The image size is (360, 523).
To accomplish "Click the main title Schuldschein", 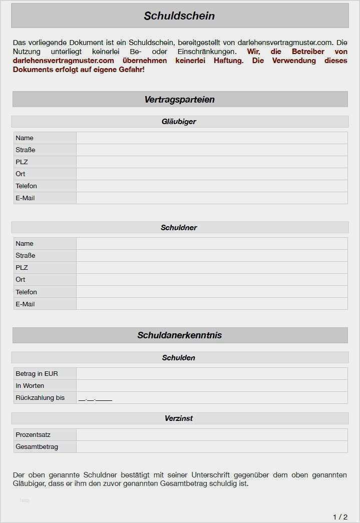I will (x=179, y=16).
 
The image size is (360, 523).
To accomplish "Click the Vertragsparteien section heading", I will (x=179, y=100).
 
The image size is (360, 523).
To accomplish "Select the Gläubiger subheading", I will (x=179, y=122).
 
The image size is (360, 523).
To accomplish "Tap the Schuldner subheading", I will (x=179, y=228).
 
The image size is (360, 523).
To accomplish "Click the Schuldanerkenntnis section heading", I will (x=179, y=335).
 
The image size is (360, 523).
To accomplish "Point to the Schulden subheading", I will (x=179, y=358).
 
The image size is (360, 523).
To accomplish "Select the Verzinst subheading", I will (x=179, y=418).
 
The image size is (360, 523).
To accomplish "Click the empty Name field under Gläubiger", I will (x=211, y=138).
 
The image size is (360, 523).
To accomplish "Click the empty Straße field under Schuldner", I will (x=211, y=256).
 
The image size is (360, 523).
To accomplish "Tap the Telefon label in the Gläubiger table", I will (x=26, y=186).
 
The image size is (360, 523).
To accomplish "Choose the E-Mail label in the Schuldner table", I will (x=25, y=304).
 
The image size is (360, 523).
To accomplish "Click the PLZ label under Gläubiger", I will (x=22, y=162).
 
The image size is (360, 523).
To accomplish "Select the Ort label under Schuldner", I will (x=21, y=280).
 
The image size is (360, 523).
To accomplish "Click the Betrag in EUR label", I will (x=37, y=374).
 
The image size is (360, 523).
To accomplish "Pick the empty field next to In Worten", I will (x=211, y=386).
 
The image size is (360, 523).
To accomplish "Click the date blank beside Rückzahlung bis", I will (x=95, y=398).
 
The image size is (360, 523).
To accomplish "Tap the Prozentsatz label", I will (x=33, y=435).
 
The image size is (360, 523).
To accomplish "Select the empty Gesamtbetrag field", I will (x=211, y=447).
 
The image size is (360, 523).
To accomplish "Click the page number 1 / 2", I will (x=340, y=516).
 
